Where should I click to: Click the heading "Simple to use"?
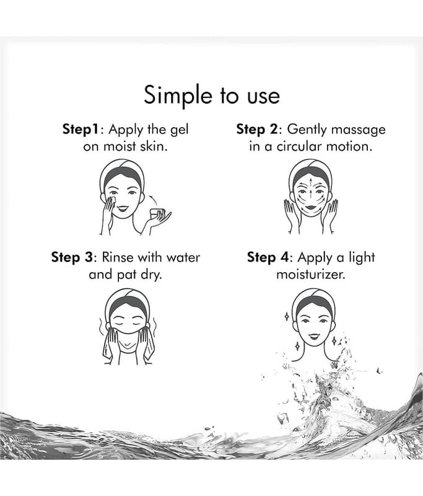(x=212, y=95)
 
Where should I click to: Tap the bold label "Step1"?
(x=81, y=130)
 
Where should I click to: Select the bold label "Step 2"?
(x=257, y=130)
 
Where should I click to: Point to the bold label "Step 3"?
(x=72, y=257)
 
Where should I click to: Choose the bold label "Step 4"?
(x=268, y=257)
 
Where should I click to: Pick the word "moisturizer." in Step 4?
(x=311, y=274)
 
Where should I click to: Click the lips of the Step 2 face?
(x=311, y=208)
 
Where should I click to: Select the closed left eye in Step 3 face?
(x=118, y=324)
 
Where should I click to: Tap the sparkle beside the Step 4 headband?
(x=287, y=316)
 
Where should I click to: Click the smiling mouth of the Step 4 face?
(x=314, y=335)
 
